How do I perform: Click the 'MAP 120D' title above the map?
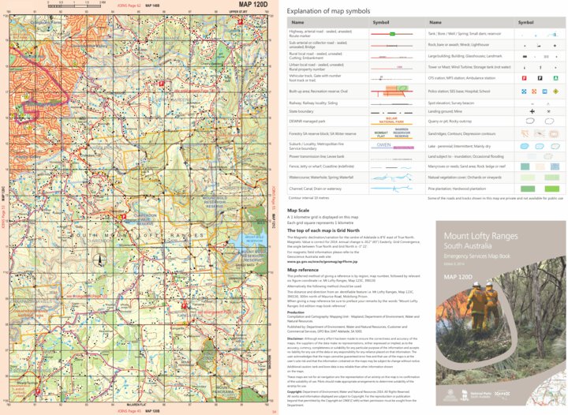242,6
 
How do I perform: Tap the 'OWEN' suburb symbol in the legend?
384,145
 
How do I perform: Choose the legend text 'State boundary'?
308,113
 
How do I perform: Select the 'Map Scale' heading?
298,211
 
